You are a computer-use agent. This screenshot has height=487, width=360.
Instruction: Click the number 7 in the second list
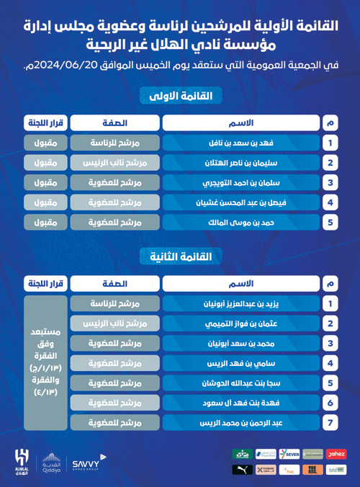pyautogui.click(x=330, y=423)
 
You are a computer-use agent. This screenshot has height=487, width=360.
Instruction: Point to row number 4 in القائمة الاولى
pyautogui.click(x=330, y=202)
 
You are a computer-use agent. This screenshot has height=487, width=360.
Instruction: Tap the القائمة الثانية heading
pyautogui.click(x=180, y=256)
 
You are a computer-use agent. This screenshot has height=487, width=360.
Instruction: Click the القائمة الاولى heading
pyautogui.click(x=180, y=96)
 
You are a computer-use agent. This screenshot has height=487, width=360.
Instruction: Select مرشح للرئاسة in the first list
pyautogui.click(x=116, y=143)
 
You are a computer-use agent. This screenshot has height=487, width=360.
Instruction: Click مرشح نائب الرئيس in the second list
pyautogui.click(x=116, y=324)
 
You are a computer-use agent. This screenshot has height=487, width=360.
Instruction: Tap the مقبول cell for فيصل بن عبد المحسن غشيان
pyautogui.click(x=45, y=202)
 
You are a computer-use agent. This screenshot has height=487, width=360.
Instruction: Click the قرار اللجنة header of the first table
pyautogui.click(x=45, y=122)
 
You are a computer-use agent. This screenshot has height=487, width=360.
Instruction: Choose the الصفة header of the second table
pyautogui.click(x=116, y=284)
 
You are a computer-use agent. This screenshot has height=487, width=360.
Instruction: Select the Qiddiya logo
pyautogui.click(x=51, y=462)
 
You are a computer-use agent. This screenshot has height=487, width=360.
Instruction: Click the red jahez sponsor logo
pyautogui.click(x=336, y=455)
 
